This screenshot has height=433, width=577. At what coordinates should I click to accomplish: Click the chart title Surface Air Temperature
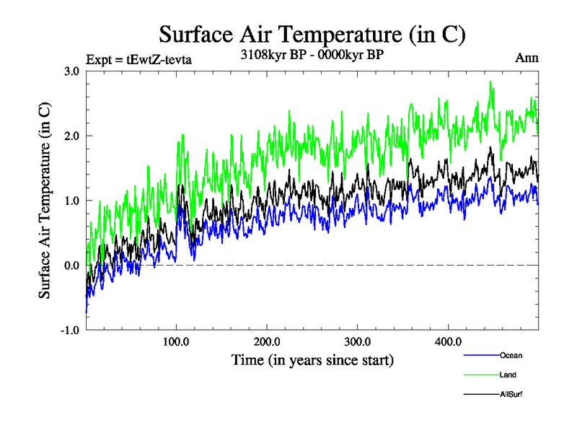pyautogui.click(x=312, y=34)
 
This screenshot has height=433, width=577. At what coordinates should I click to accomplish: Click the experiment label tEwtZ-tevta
pyautogui.click(x=138, y=59)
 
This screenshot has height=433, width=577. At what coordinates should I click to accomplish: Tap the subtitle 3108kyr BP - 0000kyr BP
pyautogui.click(x=312, y=53)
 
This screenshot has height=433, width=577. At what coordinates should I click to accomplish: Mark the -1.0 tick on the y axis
pyautogui.click(x=69, y=331)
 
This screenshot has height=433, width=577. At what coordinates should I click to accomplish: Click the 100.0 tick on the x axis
pyautogui.click(x=177, y=341)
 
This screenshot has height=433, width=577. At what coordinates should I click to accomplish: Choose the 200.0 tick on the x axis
pyautogui.click(x=268, y=341)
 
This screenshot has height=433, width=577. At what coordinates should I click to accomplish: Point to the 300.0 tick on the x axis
pyautogui.click(x=358, y=341)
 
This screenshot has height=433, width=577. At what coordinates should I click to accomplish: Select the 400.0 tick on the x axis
pyautogui.click(x=449, y=341)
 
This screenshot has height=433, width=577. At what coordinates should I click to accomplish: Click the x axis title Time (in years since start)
pyautogui.click(x=312, y=359)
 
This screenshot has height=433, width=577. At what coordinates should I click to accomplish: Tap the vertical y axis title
pyautogui.click(x=45, y=201)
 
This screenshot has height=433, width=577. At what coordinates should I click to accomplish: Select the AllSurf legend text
pyautogui.click(x=511, y=394)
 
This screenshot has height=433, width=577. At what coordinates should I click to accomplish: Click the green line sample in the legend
pyautogui.click(x=480, y=375)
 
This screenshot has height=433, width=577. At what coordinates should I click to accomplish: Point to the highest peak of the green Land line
pyautogui.click(x=491, y=82)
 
